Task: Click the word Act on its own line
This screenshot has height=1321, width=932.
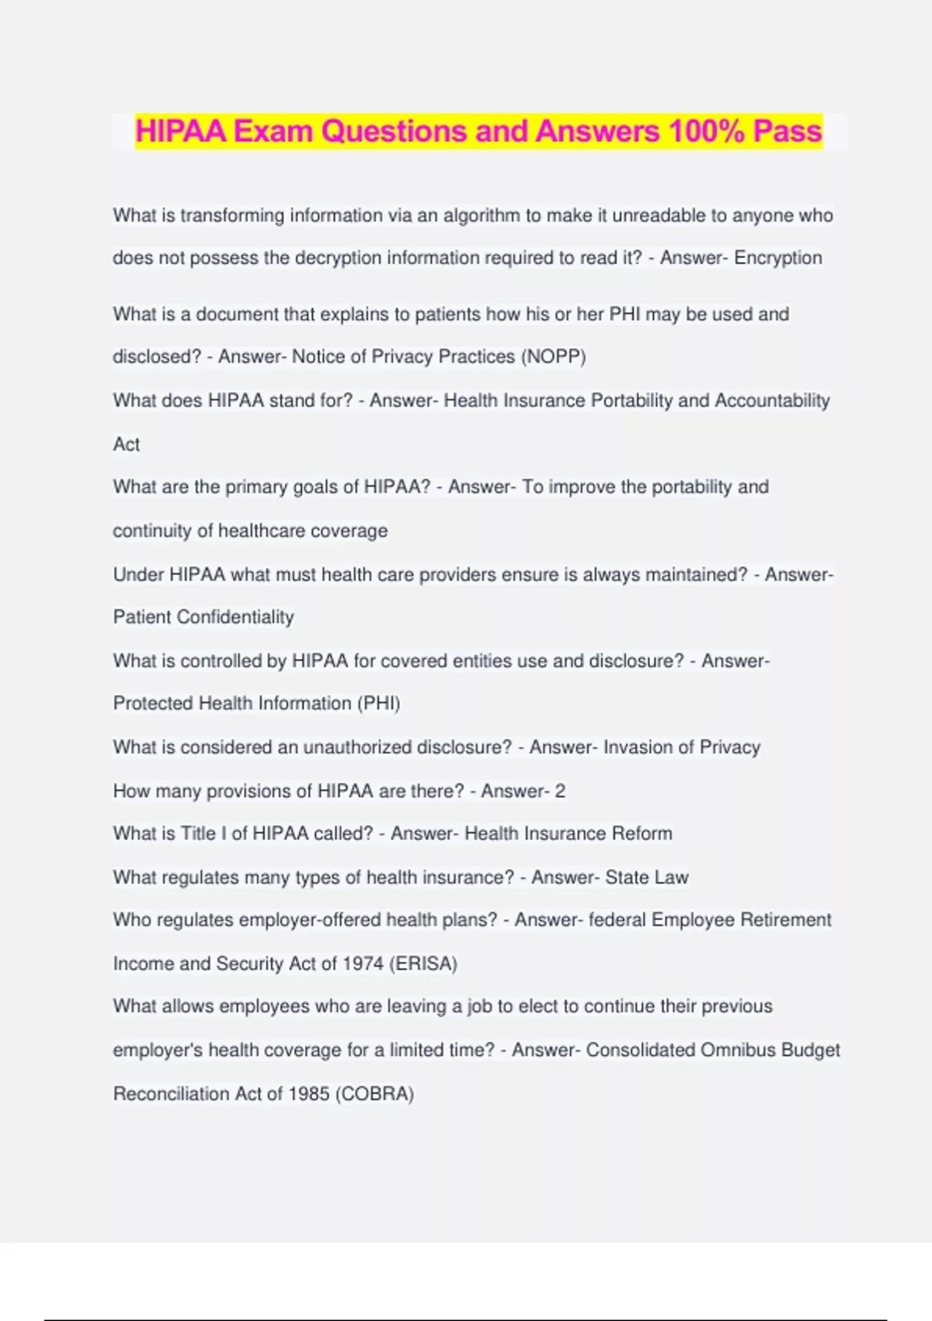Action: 127,444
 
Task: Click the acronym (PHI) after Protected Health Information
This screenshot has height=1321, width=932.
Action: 379,703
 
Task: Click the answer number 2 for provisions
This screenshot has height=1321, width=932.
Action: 560,791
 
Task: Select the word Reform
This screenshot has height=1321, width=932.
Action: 642,834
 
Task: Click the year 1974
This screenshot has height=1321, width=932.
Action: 363,964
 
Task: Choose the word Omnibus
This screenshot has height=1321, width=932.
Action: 738,1051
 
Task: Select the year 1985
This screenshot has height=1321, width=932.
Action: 308,1094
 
